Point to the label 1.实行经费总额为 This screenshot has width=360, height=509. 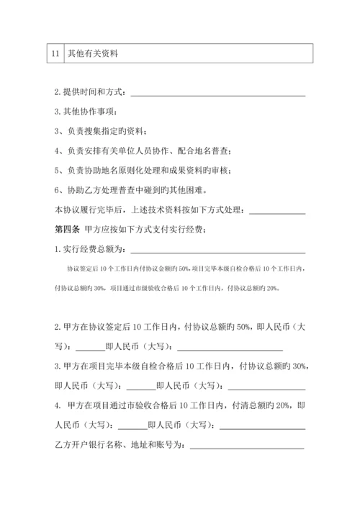pos(90,251)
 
